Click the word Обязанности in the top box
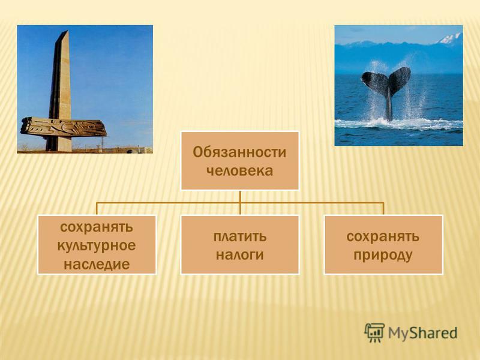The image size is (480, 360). click(x=239, y=152)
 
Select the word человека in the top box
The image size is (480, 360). click(x=239, y=170)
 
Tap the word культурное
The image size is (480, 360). click(x=97, y=246)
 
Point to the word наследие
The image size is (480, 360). click(x=97, y=264)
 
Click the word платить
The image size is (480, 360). click(x=239, y=236)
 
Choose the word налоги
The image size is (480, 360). click(x=239, y=255)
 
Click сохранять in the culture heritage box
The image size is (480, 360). click(x=97, y=227)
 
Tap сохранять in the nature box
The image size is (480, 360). click(x=383, y=236)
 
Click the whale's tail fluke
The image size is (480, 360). click(x=386, y=80)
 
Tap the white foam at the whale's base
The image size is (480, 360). click(x=398, y=124)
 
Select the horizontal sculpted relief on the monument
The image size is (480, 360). click(x=64, y=127)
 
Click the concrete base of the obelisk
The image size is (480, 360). click(x=59, y=143)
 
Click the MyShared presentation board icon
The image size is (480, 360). click(x=374, y=333)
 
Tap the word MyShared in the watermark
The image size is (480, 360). click(x=422, y=333)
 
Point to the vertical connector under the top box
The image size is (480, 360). click(x=240, y=202)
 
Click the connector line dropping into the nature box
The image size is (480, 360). click(x=383, y=208)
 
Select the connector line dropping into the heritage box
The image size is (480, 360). click(x=97, y=208)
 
